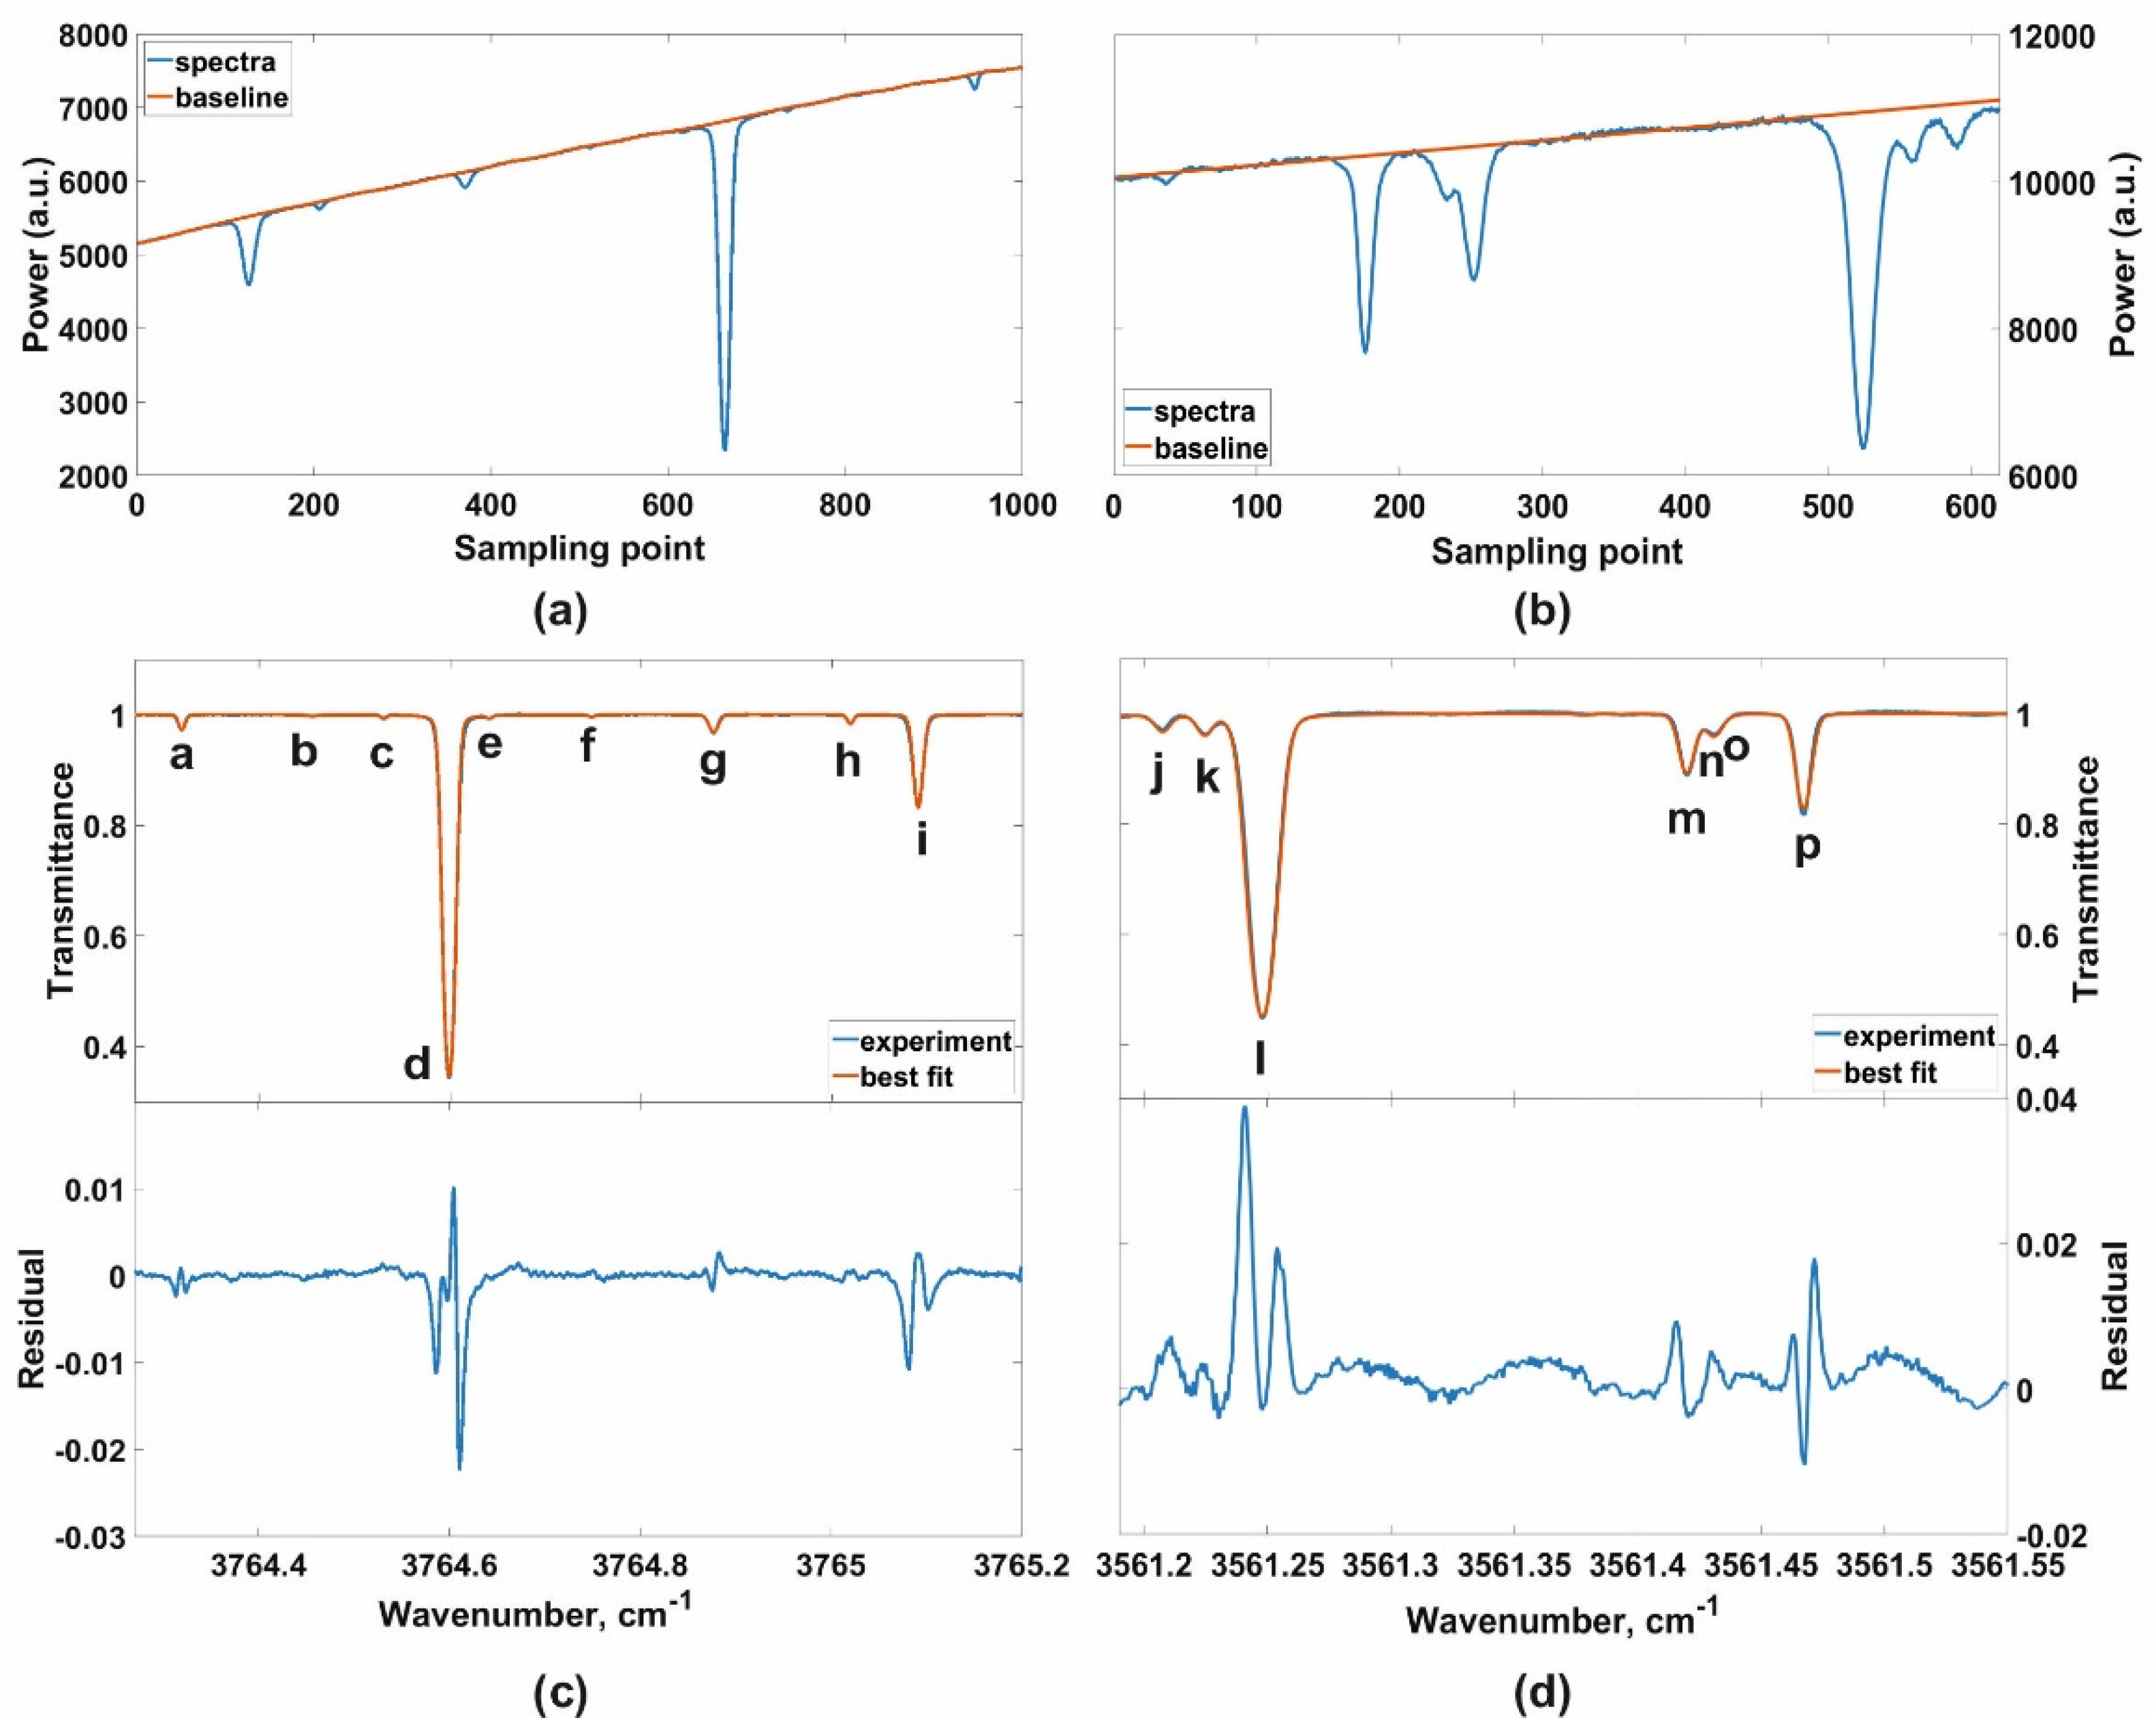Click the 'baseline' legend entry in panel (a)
pyautogui.click(x=231, y=98)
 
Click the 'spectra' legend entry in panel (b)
pyautogui.click(x=1204, y=411)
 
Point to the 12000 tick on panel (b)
pyautogui.click(x=2063, y=37)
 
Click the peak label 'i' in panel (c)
pyautogui.click(x=921, y=841)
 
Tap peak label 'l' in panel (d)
pyautogui.click(x=1260, y=1059)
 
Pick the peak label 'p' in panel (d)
pyautogui.click(x=1807, y=847)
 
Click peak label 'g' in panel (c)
pyautogui.click(x=712, y=764)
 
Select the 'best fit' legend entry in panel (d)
pyautogui.click(x=1889, y=1073)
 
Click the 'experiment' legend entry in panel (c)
pyautogui.click(x=935, y=1042)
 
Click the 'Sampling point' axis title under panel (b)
pyautogui.click(x=1556, y=551)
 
